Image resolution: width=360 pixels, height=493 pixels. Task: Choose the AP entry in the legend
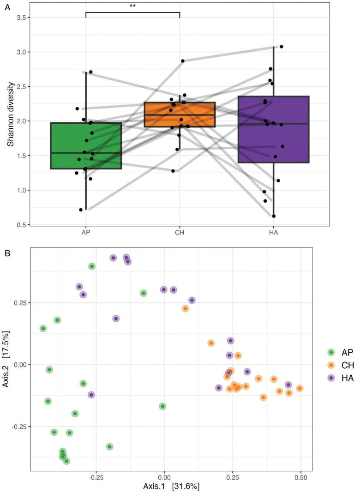coord(339,352)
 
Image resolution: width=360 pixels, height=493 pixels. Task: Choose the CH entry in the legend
coord(339,365)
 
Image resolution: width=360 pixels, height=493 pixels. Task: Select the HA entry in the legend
coord(339,378)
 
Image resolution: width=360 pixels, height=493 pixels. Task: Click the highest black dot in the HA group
coord(281,47)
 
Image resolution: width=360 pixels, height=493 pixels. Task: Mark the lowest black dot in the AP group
coord(81,210)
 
